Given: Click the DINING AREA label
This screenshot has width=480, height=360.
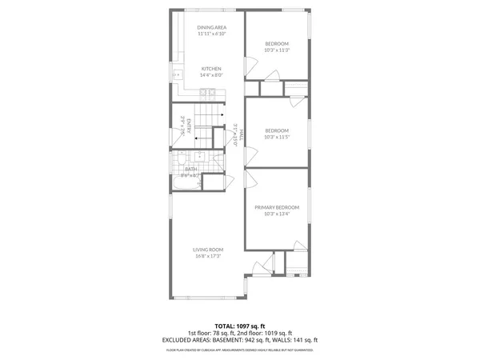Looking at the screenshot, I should click(212, 28).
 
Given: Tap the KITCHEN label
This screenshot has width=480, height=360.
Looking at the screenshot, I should click(211, 69).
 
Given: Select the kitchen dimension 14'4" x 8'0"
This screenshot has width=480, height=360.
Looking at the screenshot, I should click(211, 75).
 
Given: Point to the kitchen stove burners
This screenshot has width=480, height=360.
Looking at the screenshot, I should click(207, 92).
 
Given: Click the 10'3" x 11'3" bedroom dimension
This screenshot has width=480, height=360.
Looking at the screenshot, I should click(276, 50).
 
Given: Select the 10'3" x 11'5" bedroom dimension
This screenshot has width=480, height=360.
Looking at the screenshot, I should click(276, 137).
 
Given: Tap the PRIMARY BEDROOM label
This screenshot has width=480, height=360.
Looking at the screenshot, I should click(277, 207).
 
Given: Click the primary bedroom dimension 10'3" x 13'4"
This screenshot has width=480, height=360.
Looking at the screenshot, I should click(277, 214).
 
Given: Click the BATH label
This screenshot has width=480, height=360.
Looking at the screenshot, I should click(191, 169).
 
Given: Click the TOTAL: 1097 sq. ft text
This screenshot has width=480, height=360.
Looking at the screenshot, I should click(240, 326).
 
